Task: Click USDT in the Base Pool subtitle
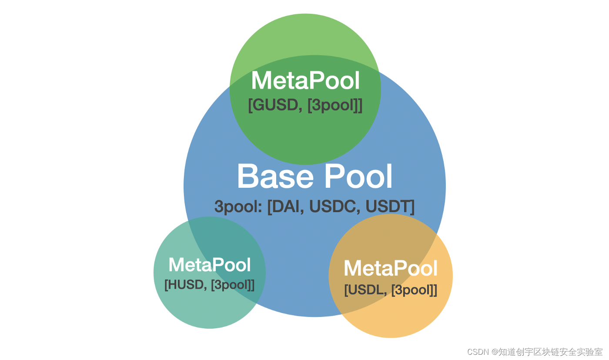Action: pyautogui.click(x=389, y=207)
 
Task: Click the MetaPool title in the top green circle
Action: pyautogui.click(x=305, y=81)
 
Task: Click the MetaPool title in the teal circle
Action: pyautogui.click(x=210, y=265)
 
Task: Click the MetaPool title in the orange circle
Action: pyautogui.click(x=391, y=268)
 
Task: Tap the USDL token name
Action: pyautogui.click(x=365, y=290)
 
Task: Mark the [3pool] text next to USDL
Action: pyautogui.click(x=414, y=290)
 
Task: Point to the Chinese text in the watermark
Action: pyautogui.click(x=550, y=352)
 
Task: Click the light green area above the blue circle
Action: pyautogui.click(x=304, y=35)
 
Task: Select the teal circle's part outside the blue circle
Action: pyautogui.click(x=183, y=304)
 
